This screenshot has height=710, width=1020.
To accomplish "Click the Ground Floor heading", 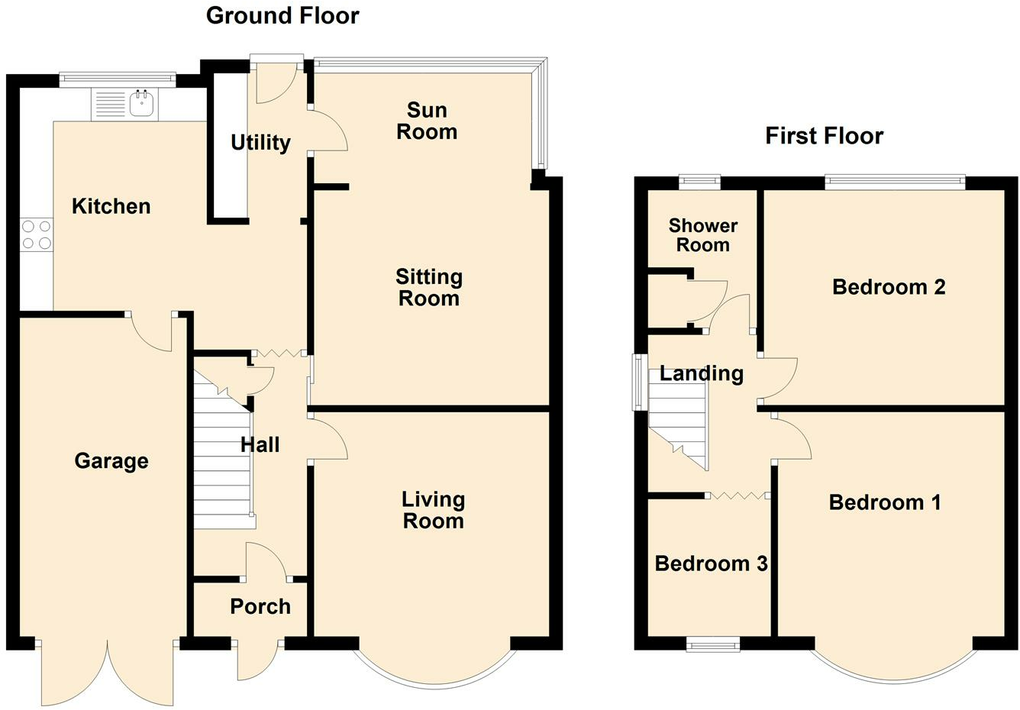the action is [x=282, y=16].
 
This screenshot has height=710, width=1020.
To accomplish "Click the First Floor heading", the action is [x=825, y=136].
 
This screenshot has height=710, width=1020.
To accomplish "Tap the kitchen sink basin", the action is [x=143, y=103].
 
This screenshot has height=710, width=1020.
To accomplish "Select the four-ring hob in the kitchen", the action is [x=37, y=234].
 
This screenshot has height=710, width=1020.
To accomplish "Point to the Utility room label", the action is [x=260, y=143].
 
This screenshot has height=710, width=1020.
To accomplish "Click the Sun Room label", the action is [x=427, y=121].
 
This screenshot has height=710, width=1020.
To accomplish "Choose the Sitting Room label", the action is [x=429, y=287].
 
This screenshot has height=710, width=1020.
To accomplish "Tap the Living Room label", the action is [x=433, y=511].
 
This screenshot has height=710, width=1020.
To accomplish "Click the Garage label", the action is [x=111, y=461].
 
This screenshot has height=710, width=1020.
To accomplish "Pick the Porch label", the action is [x=260, y=607].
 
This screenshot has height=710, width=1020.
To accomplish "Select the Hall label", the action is [x=260, y=445].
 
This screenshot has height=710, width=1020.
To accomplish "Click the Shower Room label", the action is [x=703, y=235].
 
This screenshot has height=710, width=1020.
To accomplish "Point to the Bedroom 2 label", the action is [x=889, y=287].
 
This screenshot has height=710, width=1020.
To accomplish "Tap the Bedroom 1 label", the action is [x=885, y=502].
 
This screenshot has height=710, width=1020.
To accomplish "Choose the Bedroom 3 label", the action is [x=712, y=564].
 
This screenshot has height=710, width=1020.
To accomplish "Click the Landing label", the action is [x=702, y=374].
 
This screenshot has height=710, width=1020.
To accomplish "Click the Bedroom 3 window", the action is [x=713, y=645].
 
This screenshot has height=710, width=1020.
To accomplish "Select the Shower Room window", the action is [x=699, y=182].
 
